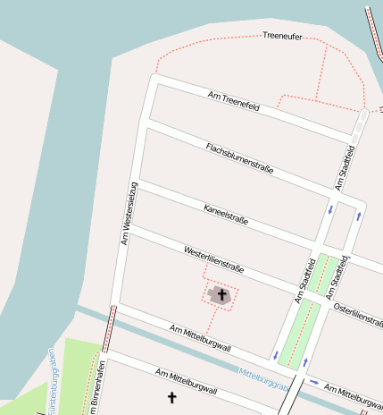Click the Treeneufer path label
[284, 36]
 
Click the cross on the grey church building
[221, 293]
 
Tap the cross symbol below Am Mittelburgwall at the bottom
[171, 396]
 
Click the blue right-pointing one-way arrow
[314, 381]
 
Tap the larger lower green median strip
[301, 333]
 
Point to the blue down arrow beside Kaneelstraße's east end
[331, 209]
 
